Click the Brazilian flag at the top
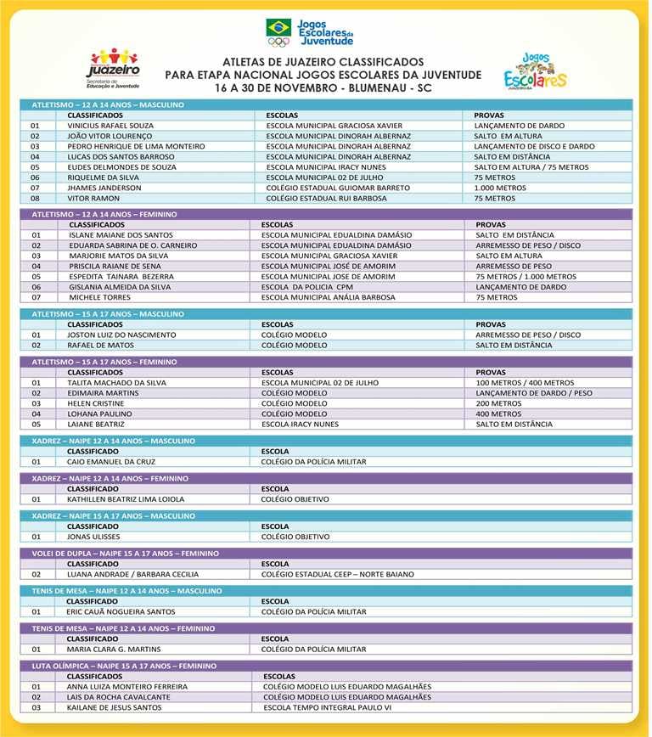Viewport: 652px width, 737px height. coord(278,27)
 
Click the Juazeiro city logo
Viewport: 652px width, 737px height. coord(113,68)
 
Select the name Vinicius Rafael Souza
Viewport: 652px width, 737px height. coord(110,126)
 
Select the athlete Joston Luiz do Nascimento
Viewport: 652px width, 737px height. coord(121,335)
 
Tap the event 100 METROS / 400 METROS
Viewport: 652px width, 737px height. coord(525,383)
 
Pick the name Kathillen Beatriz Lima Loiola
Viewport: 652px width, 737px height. coord(126,499)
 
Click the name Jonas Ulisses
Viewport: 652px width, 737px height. coord(93,537)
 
